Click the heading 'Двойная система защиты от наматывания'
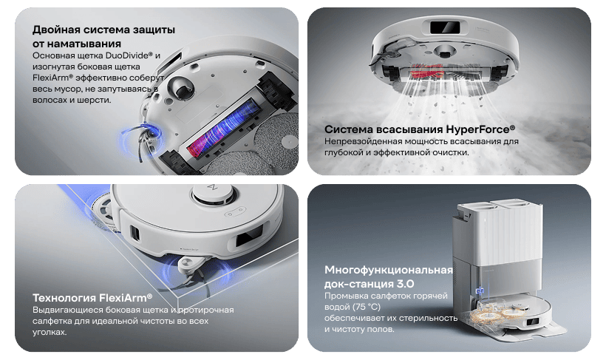click(x=103, y=36)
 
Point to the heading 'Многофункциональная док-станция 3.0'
click(x=388, y=276)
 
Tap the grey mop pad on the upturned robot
click(x=270, y=140)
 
